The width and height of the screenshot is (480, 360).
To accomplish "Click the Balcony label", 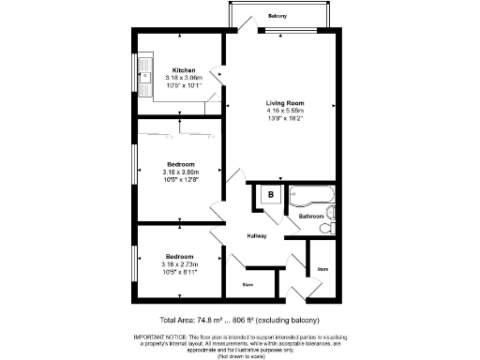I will click(277, 16).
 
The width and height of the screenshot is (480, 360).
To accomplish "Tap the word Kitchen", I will click(184, 70).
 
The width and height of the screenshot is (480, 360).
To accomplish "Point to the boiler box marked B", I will click(271, 195).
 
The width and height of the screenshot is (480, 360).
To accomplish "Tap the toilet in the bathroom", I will click(324, 227).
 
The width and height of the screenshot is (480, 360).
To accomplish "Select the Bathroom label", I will click(310, 217).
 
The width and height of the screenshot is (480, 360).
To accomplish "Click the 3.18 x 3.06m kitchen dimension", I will click(184, 78).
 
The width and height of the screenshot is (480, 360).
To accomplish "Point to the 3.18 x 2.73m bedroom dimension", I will click(180, 264).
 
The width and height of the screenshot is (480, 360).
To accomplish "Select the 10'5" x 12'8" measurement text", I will click(180, 179).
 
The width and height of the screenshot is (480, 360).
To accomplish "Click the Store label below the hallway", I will click(248, 283).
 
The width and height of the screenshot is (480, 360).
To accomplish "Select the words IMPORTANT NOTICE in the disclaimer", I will click(158, 335).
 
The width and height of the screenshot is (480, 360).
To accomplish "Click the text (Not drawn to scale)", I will click(240, 356).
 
